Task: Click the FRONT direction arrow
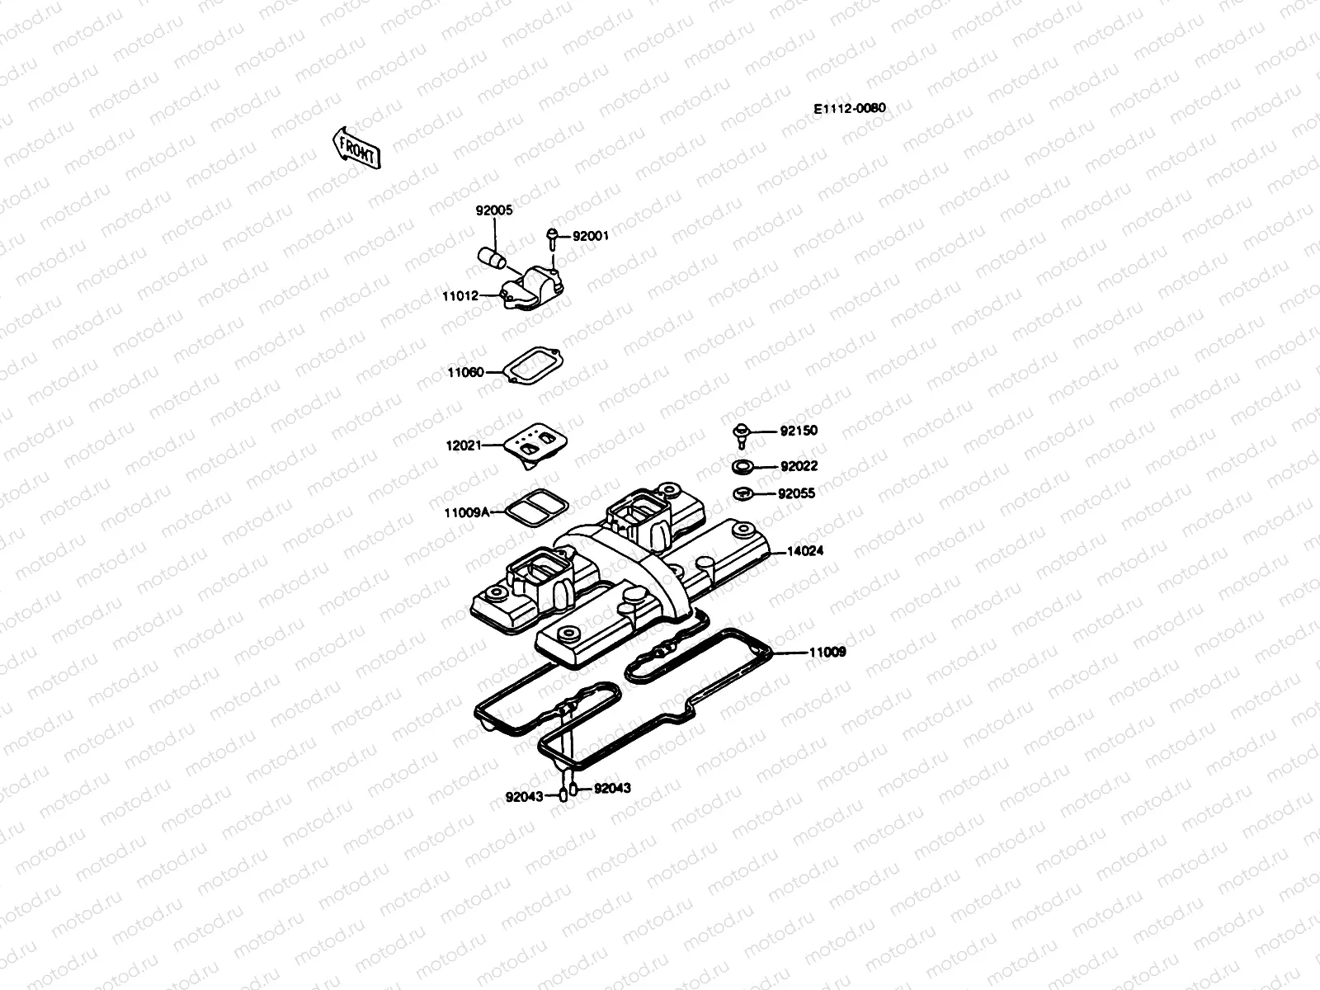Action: click(356, 148)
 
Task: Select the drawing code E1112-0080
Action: click(849, 109)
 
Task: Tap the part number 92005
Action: click(493, 210)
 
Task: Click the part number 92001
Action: click(590, 236)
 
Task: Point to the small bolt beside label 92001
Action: click(552, 237)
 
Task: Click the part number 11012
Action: click(460, 295)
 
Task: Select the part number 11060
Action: click(465, 372)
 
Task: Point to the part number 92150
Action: click(799, 431)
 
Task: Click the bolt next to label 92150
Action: click(740, 432)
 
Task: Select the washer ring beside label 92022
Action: click(742, 467)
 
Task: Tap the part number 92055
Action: click(796, 494)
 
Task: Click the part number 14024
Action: click(805, 550)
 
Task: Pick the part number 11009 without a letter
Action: click(827, 652)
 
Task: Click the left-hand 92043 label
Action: click(524, 796)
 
